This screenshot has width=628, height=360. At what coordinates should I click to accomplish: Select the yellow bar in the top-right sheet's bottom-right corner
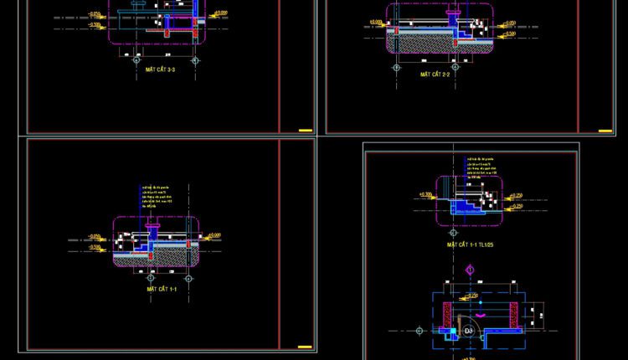[603, 130]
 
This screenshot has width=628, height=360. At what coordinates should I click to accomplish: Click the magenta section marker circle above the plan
[471, 270]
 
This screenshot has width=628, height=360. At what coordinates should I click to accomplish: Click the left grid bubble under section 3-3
[136, 60]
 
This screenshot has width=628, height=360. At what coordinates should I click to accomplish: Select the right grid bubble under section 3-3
[195, 60]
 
